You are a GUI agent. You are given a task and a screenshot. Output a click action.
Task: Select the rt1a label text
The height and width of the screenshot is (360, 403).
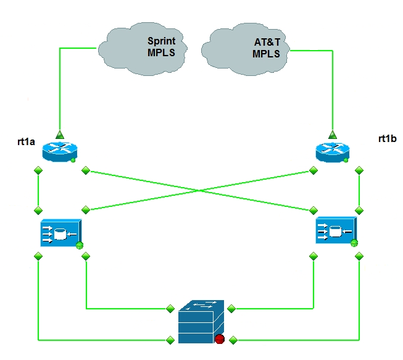point(26,143)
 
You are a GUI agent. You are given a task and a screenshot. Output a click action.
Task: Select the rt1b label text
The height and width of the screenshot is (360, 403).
point(387,139)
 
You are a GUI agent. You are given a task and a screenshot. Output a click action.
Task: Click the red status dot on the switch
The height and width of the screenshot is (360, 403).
point(220,338)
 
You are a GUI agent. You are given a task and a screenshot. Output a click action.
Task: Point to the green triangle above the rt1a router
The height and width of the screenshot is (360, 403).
point(59,134)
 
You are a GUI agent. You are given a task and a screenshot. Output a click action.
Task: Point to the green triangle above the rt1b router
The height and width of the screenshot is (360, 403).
point(333,134)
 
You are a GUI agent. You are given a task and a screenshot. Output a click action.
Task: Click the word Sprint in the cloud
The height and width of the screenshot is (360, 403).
point(160,41)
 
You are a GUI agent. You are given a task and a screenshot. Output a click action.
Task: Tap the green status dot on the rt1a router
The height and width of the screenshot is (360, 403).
point(73,161)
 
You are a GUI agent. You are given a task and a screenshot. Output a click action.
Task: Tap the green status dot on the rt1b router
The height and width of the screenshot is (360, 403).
point(346,161)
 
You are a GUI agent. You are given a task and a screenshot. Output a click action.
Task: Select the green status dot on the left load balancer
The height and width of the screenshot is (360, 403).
point(80,246)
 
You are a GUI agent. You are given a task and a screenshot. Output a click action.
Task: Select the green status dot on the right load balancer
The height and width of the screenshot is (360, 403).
point(354,243)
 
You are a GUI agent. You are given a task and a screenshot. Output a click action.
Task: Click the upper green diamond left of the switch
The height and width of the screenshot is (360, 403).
point(170,307)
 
